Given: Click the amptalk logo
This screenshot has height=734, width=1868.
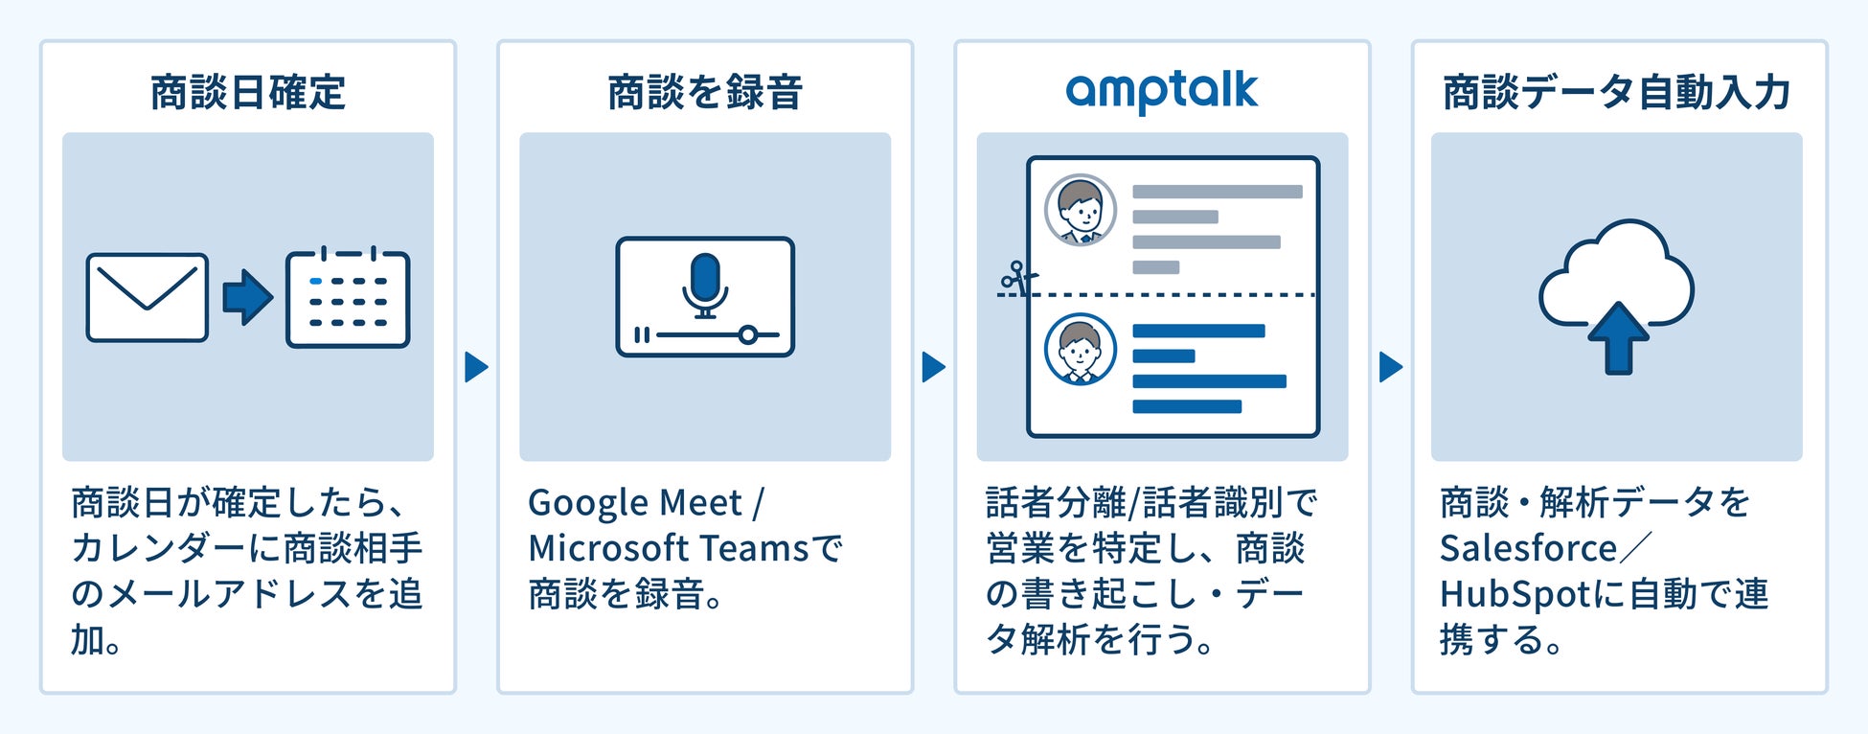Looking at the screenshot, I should click(1161, 92).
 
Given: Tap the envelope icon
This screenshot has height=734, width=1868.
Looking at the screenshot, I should click(147, 297).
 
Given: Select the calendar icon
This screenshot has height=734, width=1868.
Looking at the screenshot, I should click(348, 298).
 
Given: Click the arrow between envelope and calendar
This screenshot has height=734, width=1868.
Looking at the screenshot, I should click(247, 297).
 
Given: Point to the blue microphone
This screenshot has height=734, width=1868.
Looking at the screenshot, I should click(705, 283).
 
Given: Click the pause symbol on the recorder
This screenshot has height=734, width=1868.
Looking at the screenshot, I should click(642, 335).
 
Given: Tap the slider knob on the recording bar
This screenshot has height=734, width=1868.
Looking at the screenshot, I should click(748, 335).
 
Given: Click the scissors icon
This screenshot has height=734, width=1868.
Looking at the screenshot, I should click(1018, 278).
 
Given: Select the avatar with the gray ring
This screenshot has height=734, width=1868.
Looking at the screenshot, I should click(1081, 210).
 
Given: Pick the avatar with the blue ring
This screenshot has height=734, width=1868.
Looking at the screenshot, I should click(1081, 350).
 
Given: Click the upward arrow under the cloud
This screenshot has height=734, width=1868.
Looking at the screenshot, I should click(1618, 337).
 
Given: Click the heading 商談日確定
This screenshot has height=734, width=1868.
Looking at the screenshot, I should click(247, 93).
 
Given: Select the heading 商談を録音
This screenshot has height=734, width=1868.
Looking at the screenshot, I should click(705, 93).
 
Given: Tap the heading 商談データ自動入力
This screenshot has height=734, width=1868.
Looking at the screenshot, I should click(1617, 93).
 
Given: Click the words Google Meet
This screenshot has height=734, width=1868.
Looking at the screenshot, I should click(634, 503).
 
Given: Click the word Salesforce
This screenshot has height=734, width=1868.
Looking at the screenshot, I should click(1528, 549).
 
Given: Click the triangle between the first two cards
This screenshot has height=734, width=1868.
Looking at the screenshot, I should click(476, 367).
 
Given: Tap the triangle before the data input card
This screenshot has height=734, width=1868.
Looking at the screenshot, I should click(1391, 367).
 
